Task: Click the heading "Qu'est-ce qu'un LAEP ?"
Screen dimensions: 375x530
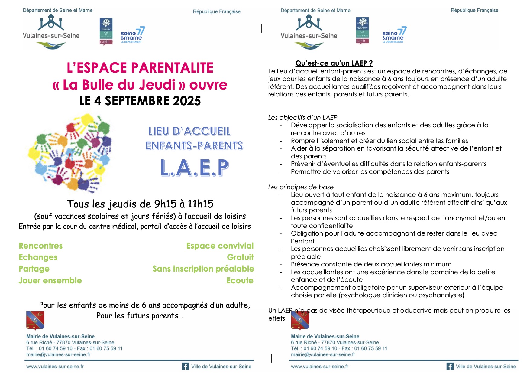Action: click(334, 63)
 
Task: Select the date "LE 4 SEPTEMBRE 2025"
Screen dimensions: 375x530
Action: click(140, 101)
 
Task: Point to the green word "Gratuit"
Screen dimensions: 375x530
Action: click(240, 257)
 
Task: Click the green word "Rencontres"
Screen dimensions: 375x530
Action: click(41, 246)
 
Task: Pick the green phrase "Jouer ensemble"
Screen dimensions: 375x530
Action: click(50, 280)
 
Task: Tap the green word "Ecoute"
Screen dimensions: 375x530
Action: click(240, 280)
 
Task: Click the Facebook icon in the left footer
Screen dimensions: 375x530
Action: click(185, 366)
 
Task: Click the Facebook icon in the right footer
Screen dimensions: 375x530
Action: click(450, 366)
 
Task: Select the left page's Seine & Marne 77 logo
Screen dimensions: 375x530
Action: click(132, 35)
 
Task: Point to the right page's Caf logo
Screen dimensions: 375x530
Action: click(362, 31)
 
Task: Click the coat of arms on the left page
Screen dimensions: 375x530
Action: click(35, 320)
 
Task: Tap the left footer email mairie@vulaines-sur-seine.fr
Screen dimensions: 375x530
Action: click(58, 354)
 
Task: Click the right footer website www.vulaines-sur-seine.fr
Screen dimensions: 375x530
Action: click(319, 366)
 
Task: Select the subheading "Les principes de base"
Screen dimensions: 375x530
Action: click(301, 187)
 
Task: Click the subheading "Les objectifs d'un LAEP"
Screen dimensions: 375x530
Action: click(302, 117)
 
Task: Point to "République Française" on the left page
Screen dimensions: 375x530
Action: click(217, 11)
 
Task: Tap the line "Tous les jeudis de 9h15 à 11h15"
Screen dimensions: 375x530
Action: click(140, 204)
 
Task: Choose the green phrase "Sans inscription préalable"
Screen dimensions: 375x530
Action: click(203, 269)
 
